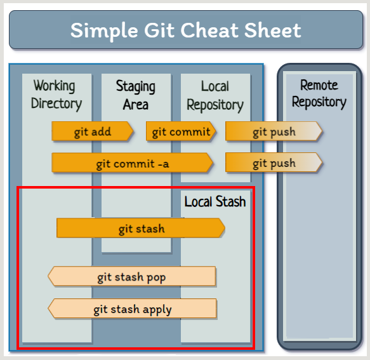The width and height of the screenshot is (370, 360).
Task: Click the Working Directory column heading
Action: pyautogui.click(x=56, y=94)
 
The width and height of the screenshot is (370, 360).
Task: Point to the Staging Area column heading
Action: pyautogui.click(x=135, y=95)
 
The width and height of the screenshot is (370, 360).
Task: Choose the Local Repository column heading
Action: pyautogui.click(x=215, y=95)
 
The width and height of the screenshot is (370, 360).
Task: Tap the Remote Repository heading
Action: pyautogui.click(x=319, y=93)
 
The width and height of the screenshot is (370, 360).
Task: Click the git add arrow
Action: pyautogui.click(x=93, y=131)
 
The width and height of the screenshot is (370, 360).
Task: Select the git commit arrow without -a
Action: pyautogui.click(x=181, y=131)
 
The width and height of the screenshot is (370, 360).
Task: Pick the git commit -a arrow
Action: pyautogui.click(x=132, y=163)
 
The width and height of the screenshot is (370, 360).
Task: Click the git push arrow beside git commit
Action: pyautogui.click(x=274, y=131)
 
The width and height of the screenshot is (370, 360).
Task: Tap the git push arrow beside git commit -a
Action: pyautogui.click(x=274, y=163)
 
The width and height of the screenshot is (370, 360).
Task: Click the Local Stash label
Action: pyautogui.click(x=215, y=202)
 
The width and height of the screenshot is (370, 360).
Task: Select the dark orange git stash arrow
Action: pyautogui.click(x=141, y=229)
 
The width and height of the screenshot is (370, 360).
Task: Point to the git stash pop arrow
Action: pyautogui.click(x=132, y=277)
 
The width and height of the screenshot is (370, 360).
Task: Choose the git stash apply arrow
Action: pyautogui.click(x=132, y=309)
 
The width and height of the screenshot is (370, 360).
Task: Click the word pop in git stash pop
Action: pyautogui.click(x=157, y=277)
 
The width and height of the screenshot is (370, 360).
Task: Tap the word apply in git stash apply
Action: pyautogui.click(x=156, y=310)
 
